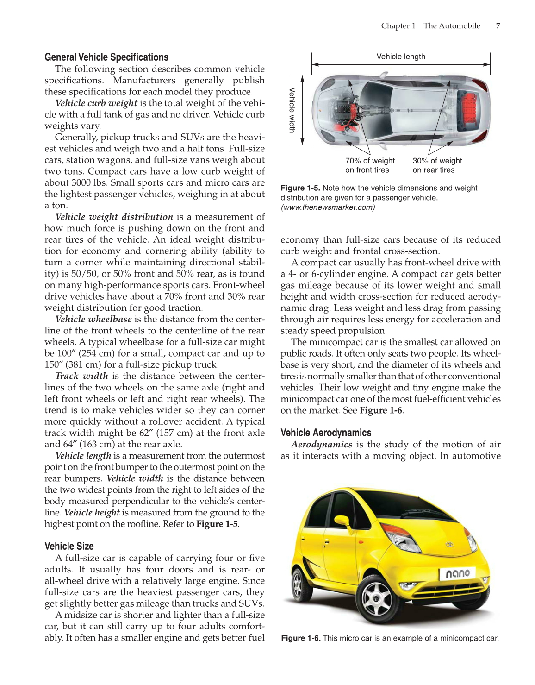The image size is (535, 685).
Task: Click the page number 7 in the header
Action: pyautogui.click(x=498, y=26)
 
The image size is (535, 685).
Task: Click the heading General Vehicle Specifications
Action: pyautogui.click(x=106, y=57)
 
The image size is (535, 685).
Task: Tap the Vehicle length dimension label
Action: pyautogui.click(x=400, y=57)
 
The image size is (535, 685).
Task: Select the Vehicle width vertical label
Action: pyautogui.click(x=292, y=110)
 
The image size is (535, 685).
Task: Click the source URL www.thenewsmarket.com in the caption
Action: pyautogui.click(x=328, y=207)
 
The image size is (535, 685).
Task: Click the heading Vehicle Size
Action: pyautogui.click(x=69, y=547)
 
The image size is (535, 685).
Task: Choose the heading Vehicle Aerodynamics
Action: pyautogui.click(x=326, y=433)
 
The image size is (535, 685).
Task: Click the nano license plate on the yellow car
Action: pyautogui.click(x=457, y=573)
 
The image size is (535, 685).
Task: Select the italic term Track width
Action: pyautogui.click(x=81, y=376)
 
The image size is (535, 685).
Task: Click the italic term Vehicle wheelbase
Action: pyautogui.click(x=93, y=319)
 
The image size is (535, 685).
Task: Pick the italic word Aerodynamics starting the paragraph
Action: pyautogui.click(x=321, y=445)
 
